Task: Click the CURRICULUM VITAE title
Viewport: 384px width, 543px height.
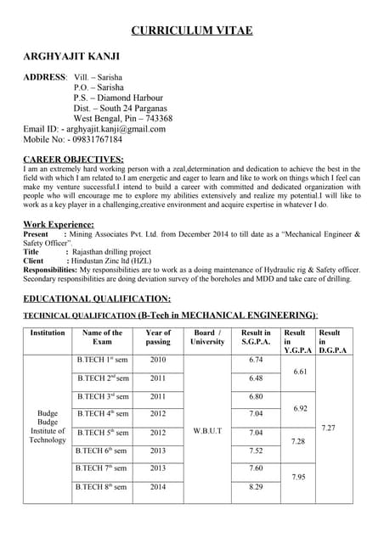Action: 192,31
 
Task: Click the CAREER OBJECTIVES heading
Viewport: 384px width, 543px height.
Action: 73,159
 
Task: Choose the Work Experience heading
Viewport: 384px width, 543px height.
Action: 59,224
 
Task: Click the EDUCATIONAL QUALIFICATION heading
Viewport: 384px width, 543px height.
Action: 97,298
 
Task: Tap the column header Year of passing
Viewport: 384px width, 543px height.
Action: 158,338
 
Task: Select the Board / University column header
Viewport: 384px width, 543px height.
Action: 207,338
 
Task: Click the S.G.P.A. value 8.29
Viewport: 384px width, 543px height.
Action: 256,487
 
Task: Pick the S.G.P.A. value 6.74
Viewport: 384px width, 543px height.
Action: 256,360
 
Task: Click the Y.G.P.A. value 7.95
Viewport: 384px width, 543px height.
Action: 299,477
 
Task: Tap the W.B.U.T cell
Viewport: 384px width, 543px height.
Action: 207,431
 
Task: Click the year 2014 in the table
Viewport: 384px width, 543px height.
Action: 158,487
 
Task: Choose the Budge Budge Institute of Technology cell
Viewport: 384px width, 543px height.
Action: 48,428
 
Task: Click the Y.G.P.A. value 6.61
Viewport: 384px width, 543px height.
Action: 299,372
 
